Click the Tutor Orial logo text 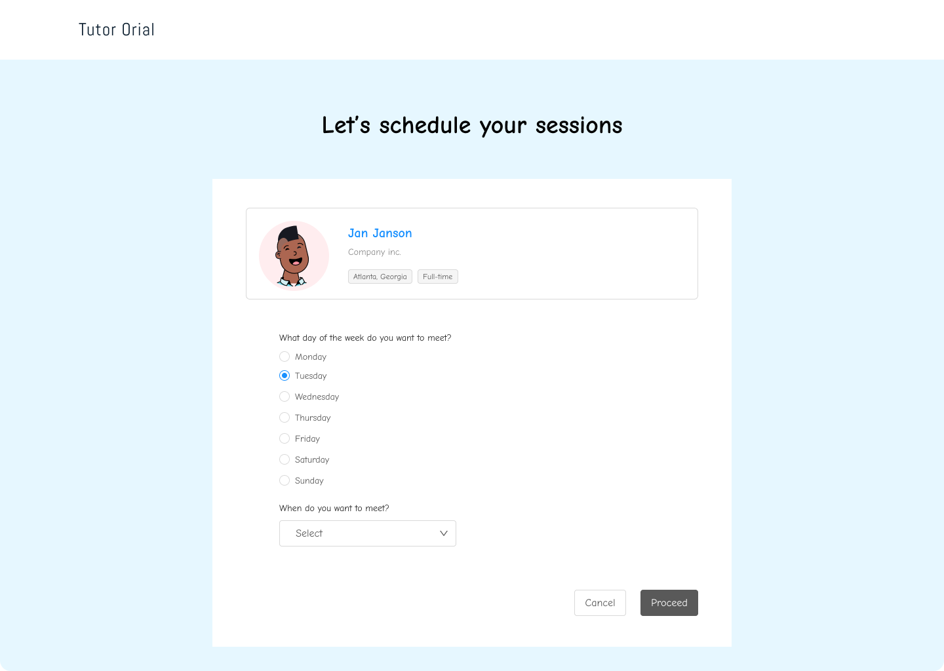pyautogui.click(x=116, y=29)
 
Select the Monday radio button pyautogui.click(x=285, y=356)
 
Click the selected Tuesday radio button pyautogui.click(x=285, y=375)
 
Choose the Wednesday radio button pyautogui.click(x=285, y=397)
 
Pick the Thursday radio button pyautogui.click(x=285, y=417)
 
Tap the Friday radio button pyautogui.click(x=285, y=438)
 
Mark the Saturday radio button pyautogui.click(x=285, y=459)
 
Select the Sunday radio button pyautogui.click(x=285, y=480)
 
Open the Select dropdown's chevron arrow pyautogui.click(x=443, y=533)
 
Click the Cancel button pyautogui.click(x=600, y=603)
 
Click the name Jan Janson pyautogui.click(x=380, y=233)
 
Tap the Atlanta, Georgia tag pyautogui.click(x=380, y=277)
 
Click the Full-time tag pyautogui.click(x=437, y=277)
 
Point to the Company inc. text pyautogui.click(x=374, y=252)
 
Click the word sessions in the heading pyautogui.click(x=579, y=125)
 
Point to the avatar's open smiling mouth pyautogui.click(x=296, y=261)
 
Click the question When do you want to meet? pyautogui.click(x=334, y=508)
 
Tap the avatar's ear pyautogui.click(x=278, y=254)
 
